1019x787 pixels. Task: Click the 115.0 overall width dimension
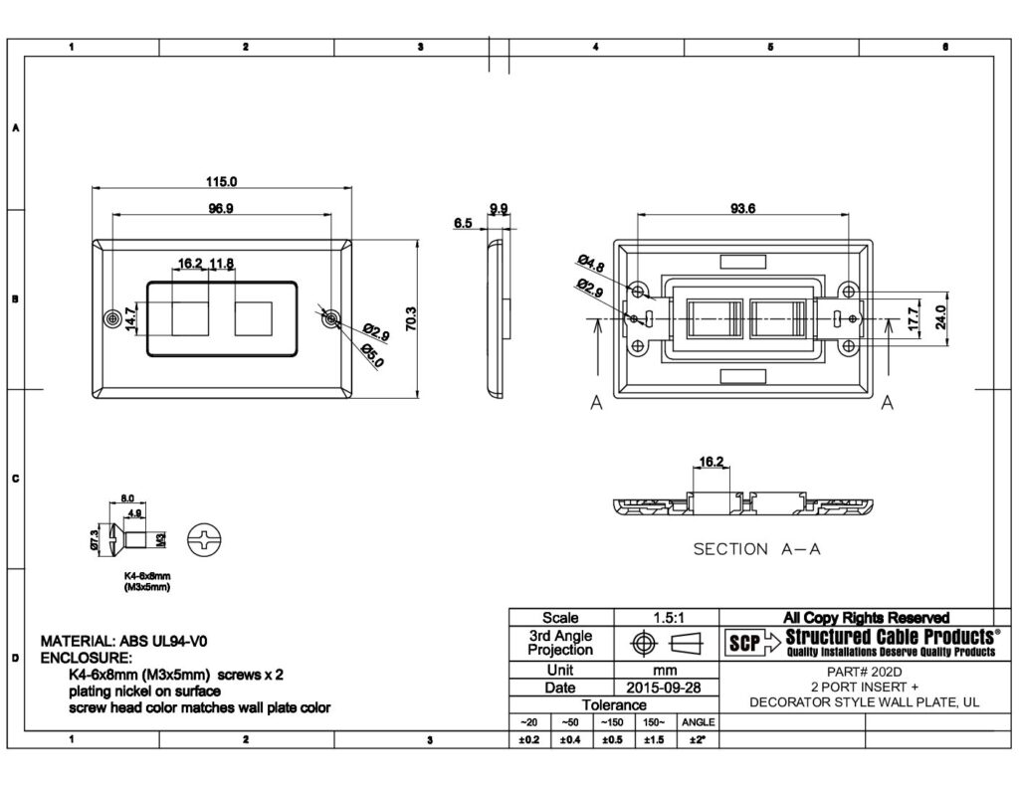(221, 182)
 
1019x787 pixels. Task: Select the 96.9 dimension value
(221, 208)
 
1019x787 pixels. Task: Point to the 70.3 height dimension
(410, 318)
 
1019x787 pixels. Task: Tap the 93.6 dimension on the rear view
(742, 208)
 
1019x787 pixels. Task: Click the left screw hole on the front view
(111, 318)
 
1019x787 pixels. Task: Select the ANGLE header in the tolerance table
(697, 722)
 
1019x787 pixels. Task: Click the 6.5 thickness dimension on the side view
(463, 224)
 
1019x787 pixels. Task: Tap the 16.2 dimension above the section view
(712, 462)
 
